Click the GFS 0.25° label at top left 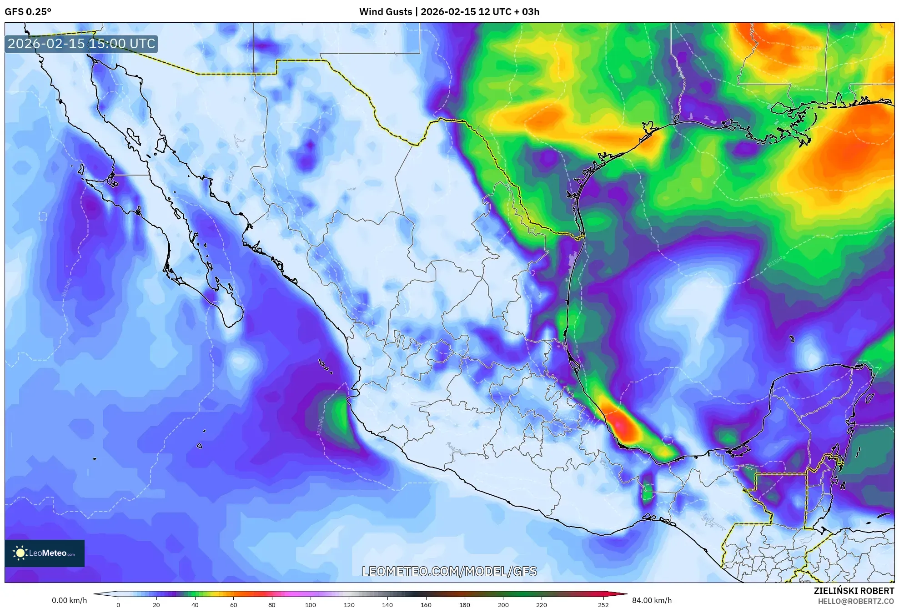click(x=28, y=12)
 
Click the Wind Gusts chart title click(x=449, y=12)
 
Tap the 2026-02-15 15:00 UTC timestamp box click(x=81, y=44)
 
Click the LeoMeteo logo click(x=45, y=553)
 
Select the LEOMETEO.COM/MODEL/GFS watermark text click(x=449, y=571)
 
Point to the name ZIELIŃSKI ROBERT click(x=854, y=591)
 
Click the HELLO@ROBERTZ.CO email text click(x=856, y=601)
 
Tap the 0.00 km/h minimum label click(x=69, y=600)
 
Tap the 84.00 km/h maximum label click(x=652, y=600)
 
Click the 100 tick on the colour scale click(x=311, y=604)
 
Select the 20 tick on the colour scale click(x=156, y=604)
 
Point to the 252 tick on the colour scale click(x=603, y=604)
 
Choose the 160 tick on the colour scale click(x=426, y=604)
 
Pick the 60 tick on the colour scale click(x=233, y=604)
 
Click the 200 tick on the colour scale click(x=503, y=604)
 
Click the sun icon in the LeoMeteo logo click(x=20, y=553)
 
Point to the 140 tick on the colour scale click(x=387, y=604)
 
